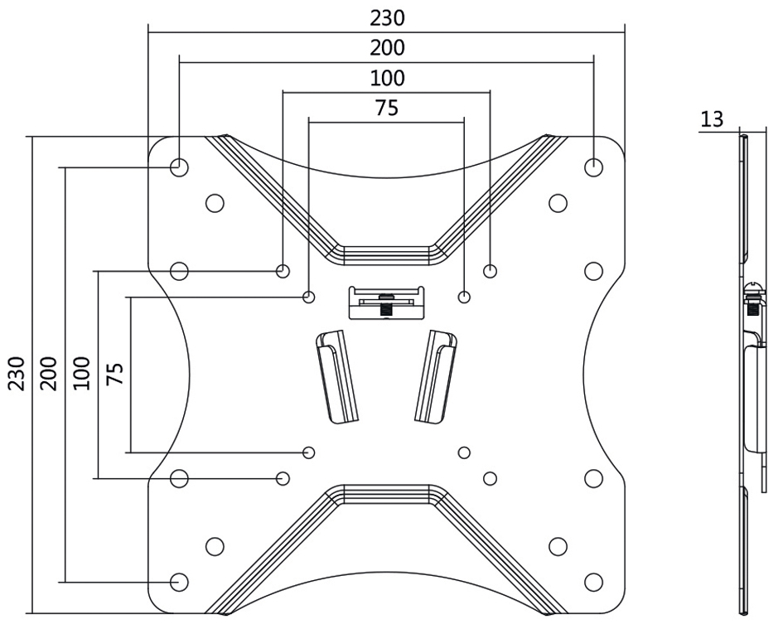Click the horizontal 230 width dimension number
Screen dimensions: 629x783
point(387,17)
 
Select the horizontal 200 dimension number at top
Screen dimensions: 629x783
point(387,48)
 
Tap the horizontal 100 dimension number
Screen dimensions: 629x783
point(387,79)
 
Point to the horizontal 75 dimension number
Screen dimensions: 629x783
point(387,108)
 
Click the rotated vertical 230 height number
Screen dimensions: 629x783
point(17,375)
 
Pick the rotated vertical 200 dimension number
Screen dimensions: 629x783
point(48,375)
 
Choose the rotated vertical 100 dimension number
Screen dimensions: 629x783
point(80,375)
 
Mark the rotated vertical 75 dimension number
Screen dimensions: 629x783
point(115,374)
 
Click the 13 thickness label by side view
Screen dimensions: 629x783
point(712,119)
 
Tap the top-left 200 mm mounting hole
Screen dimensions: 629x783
point(179,167)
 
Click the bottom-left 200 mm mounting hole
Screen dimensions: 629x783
point(179,582)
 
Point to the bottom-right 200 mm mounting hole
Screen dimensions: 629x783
point(593,582)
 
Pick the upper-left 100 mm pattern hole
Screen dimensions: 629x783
point(283,270)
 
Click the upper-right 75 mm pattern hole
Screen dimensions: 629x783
point(464,297)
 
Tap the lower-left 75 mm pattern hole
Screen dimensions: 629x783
point(309,452)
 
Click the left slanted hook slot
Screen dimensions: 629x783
point(336,375)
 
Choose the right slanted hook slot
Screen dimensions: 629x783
point(436,375)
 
